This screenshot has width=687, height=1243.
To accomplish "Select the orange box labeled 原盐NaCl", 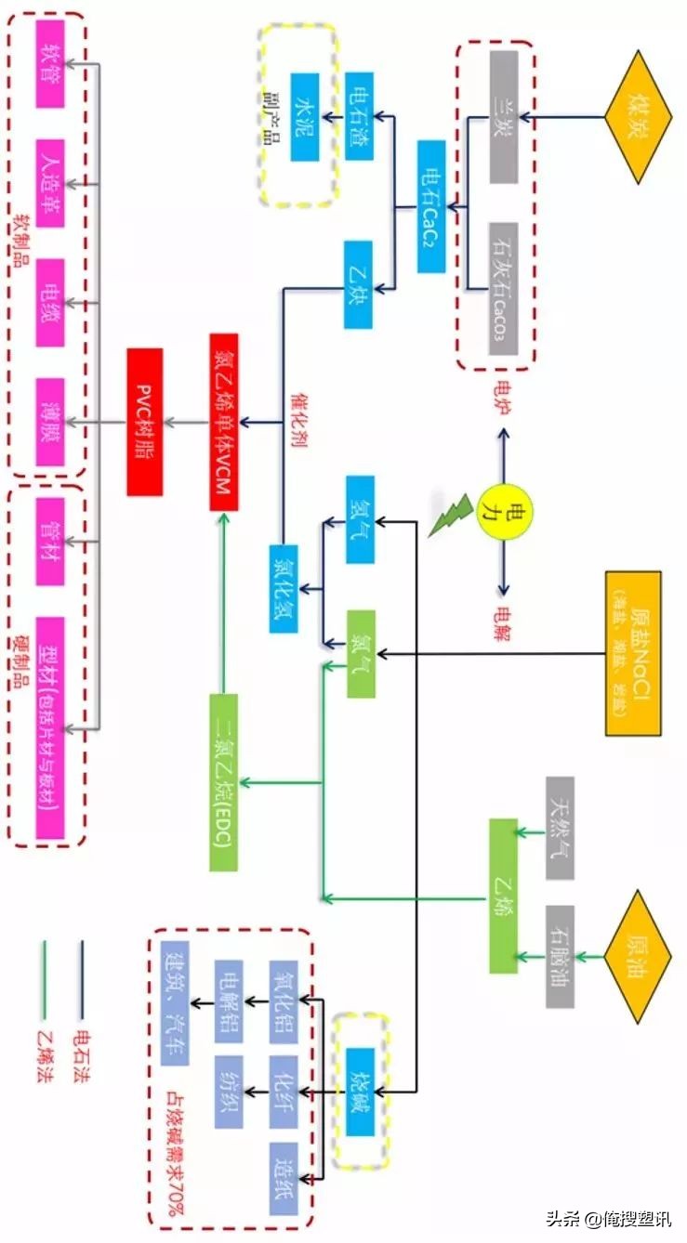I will [633, 653].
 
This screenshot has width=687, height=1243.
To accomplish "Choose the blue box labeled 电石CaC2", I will [431, 206].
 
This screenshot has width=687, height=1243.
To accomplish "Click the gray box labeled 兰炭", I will [503, 117].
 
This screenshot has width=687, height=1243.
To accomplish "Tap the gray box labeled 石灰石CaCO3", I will [503, 288].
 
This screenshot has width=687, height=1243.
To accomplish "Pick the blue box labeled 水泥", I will [305, 117].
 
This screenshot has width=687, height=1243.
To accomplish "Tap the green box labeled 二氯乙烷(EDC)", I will [224, 782].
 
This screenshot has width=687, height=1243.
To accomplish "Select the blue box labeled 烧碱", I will [359, 1092].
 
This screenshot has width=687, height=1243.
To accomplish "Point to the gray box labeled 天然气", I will [560, 828].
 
